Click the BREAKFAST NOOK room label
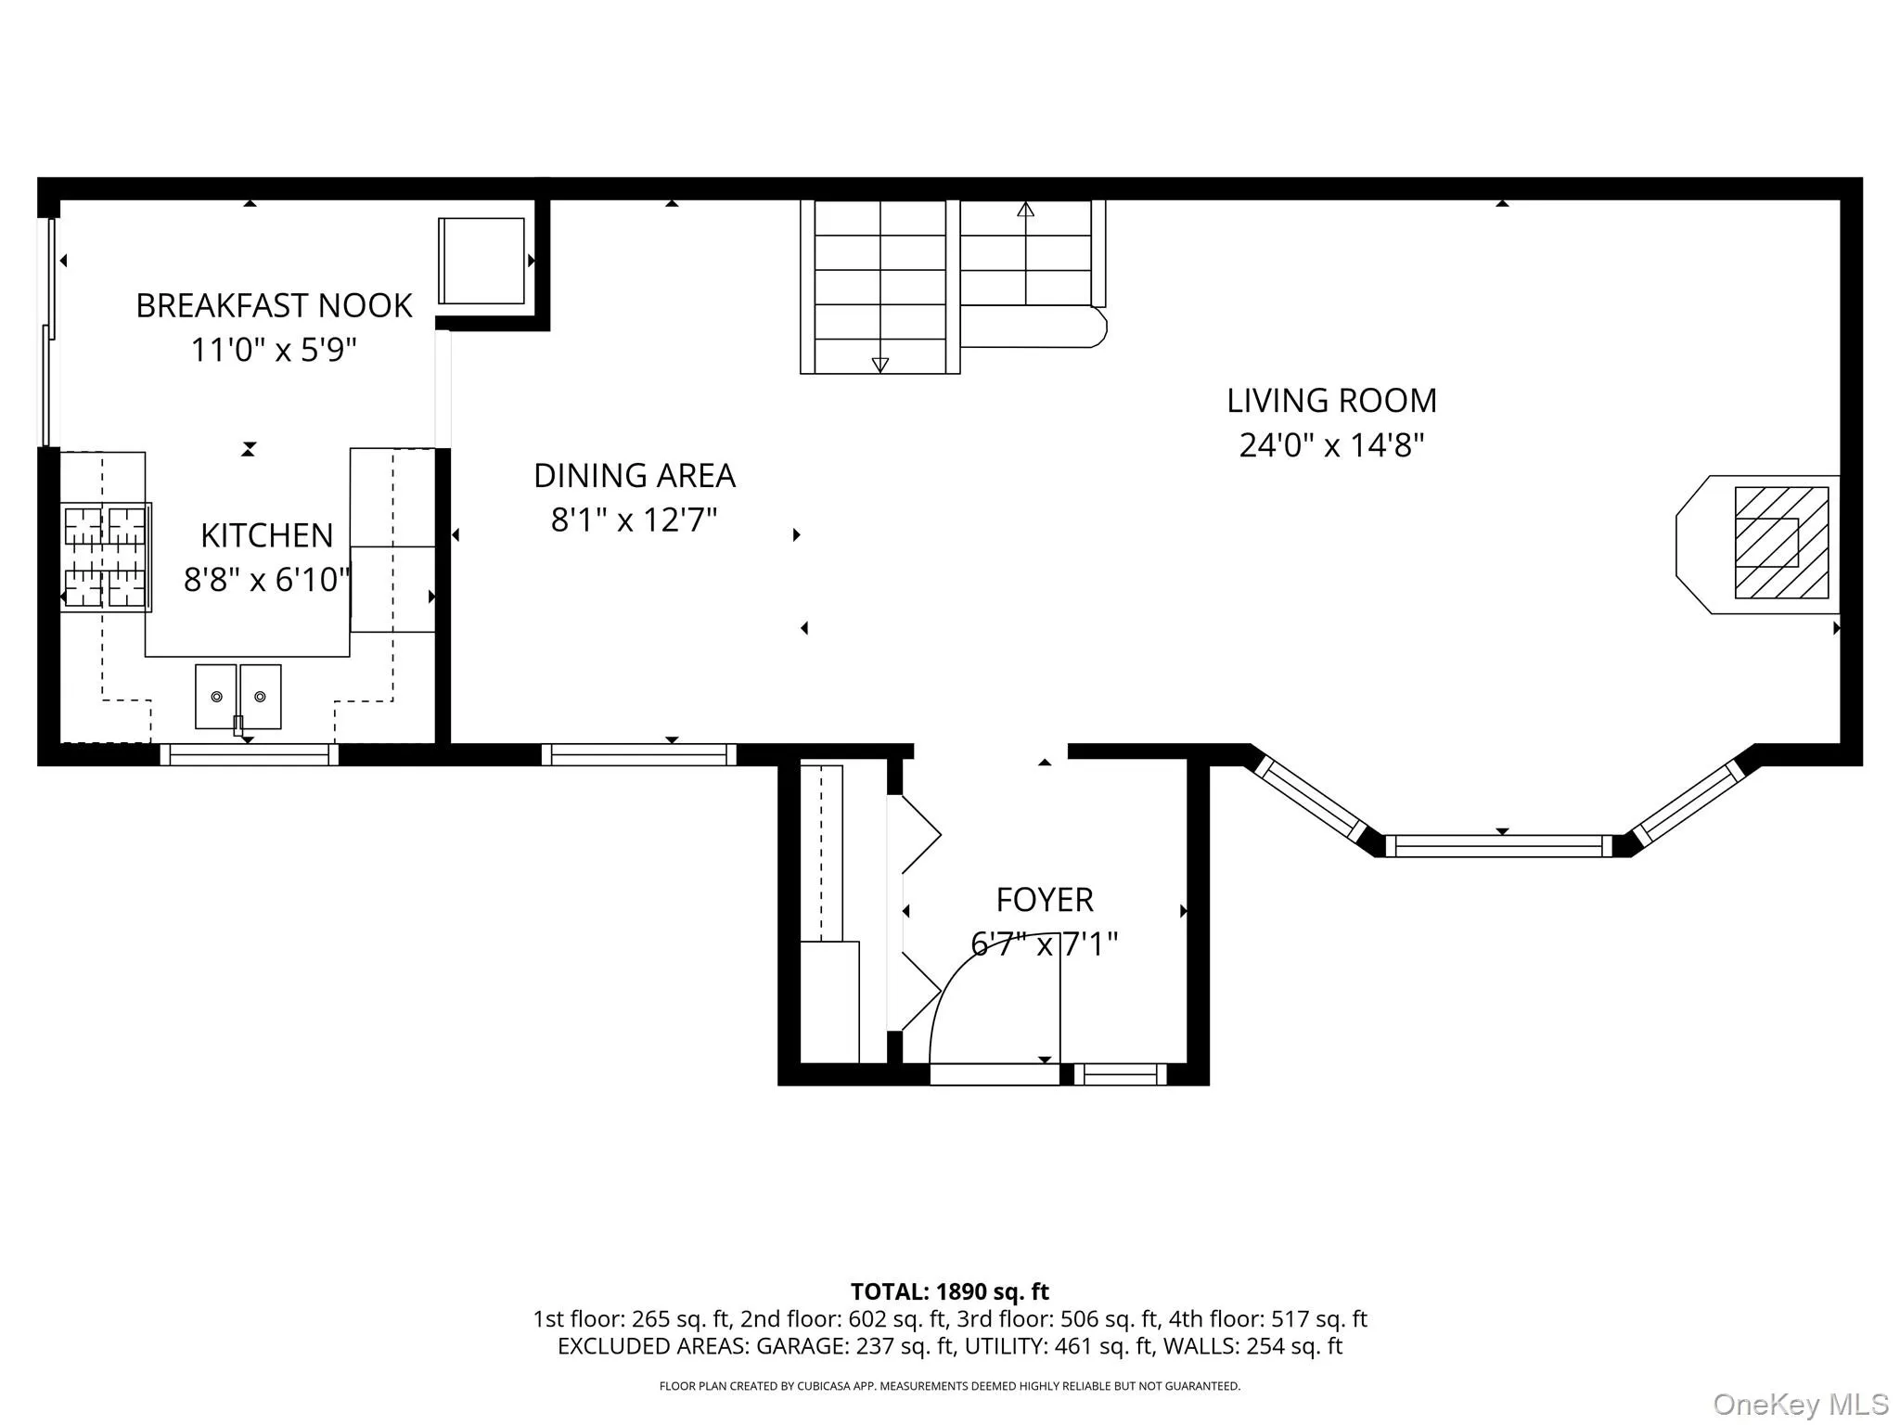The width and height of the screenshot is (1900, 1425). click(274, 305)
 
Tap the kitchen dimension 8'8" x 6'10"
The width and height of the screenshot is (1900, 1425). click(267, 580)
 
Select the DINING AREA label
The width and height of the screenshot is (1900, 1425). click(635, 476)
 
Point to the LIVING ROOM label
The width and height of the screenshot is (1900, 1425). click(1331, 401)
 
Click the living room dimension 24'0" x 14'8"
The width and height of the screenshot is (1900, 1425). click(1331, 445)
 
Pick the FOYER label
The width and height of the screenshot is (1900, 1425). click(1045, 900)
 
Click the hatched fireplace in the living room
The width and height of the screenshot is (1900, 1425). click(1781, 543)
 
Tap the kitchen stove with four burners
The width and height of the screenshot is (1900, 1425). click(106, 556)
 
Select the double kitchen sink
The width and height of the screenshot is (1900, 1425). click(238, 697)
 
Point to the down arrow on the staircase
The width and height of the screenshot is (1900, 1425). click(880, 365)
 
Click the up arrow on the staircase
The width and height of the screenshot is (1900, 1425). click(1025, 210)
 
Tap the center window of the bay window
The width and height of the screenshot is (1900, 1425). click(1499, 846)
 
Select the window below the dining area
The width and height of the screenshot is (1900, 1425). click(639, 754)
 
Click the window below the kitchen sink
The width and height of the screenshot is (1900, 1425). click(250, 754)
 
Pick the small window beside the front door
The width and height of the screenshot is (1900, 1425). click(1120, 1074)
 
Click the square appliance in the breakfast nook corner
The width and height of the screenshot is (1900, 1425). click(481, 261)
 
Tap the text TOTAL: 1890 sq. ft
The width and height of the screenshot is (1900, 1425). click(950, 1291)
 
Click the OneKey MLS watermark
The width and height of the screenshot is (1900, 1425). click(1801, 1405)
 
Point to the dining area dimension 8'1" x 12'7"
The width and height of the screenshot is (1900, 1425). click(635, 520)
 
